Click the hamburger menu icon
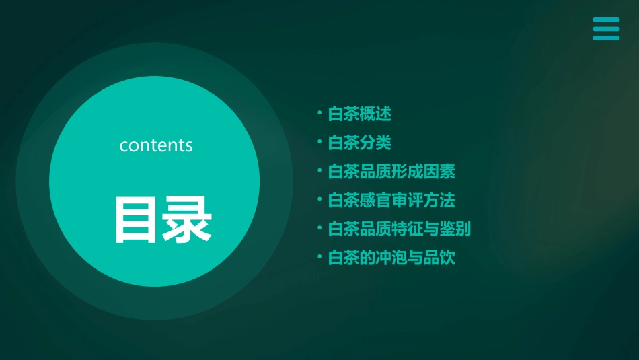[x=606, y=29]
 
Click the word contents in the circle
[x=156, y=145]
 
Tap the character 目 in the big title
[x=137, y=219]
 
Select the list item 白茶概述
[x=359, y=114]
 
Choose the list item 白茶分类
[x=359, y=143]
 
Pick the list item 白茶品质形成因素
[x=391, y=172]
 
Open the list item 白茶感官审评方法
[x=391, y=201]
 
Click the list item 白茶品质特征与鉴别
[x=399, y=229]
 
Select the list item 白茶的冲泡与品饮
[x=391, y=258]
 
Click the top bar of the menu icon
[x=606, y=20]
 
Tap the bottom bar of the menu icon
[x=606, y=38]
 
